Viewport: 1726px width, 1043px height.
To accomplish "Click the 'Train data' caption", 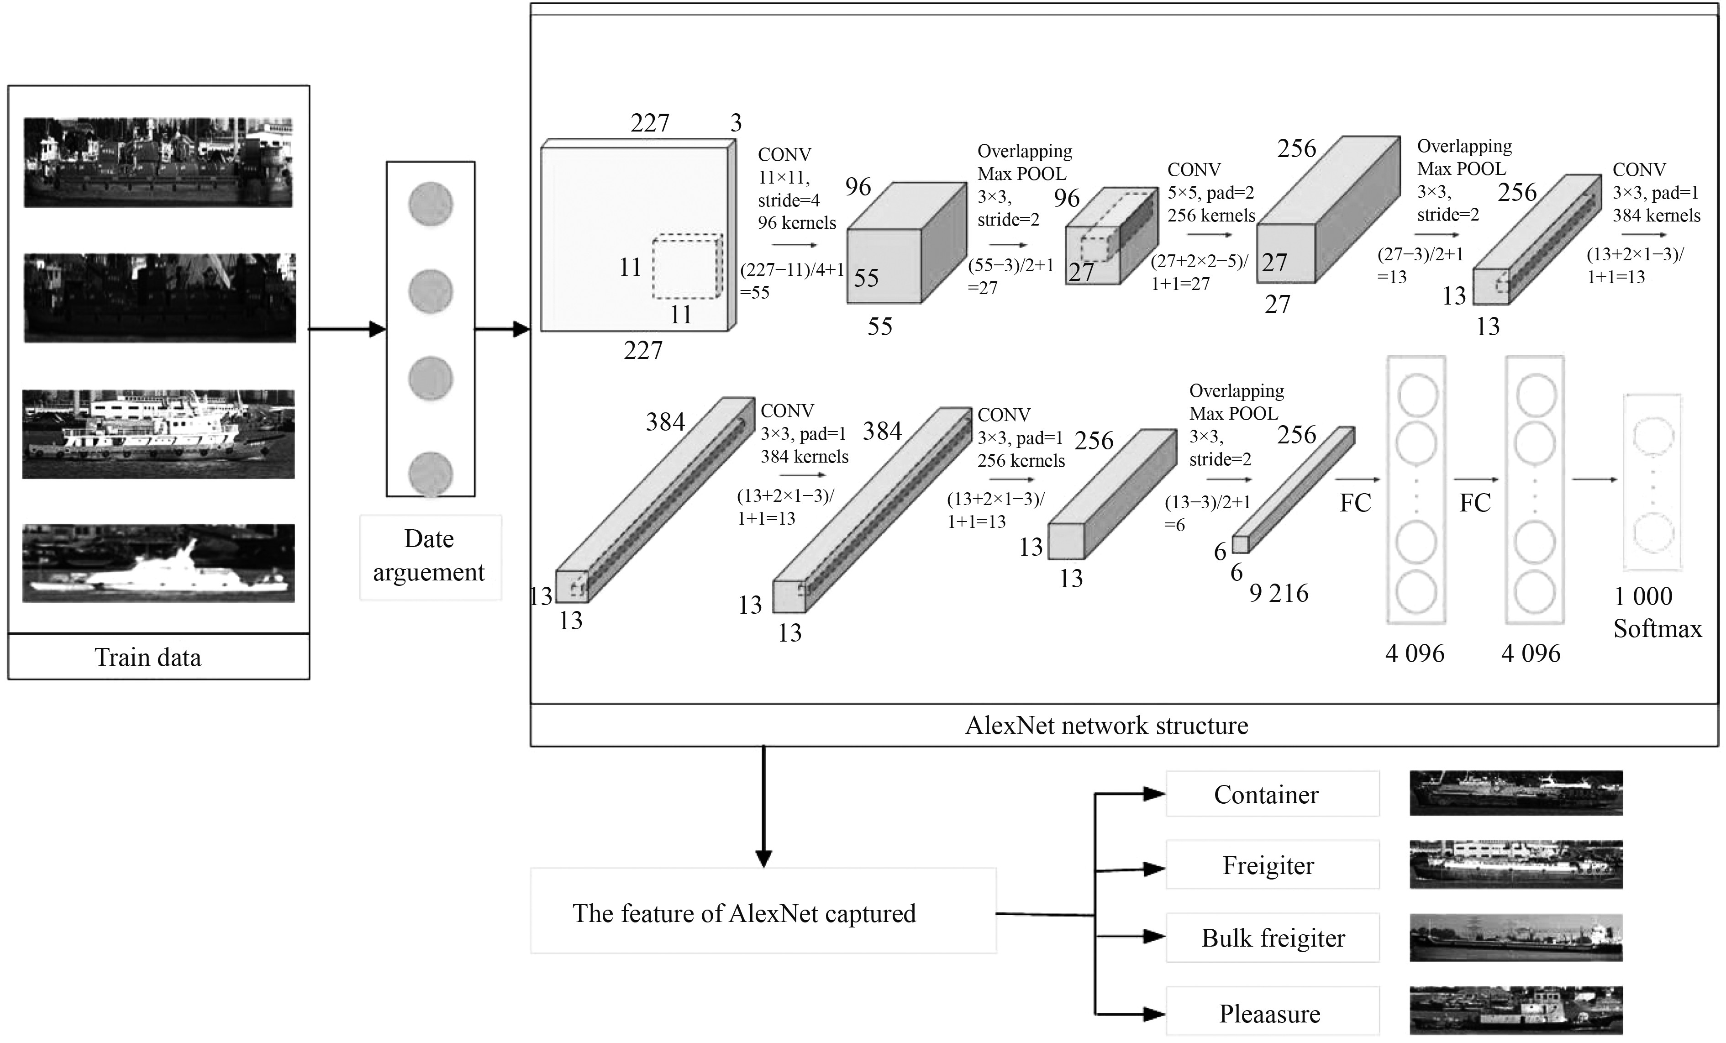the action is pyautogui.click(x=148, y=658).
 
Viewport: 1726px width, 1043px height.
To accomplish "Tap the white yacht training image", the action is pyautogui.click(x=158, y=563).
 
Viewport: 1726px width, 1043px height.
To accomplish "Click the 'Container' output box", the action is pyautogui.click(x=1272, y=794).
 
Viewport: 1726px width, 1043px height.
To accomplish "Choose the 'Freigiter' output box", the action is pyautogui.click(x=1272, y=865).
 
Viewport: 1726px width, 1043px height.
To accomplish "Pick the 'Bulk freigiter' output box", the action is pyautogui.click(x=1272, y=937).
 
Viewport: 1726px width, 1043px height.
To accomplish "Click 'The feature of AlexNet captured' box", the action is pyautogui.click(x=763, y=910).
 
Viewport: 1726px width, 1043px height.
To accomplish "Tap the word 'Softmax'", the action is pyautogui.click(x=1658, y=628).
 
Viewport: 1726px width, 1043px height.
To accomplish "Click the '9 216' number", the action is pyautogui.click(x=1279, y=593).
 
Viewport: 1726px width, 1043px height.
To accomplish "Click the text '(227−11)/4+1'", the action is pyautogui.click(x=792, y=270).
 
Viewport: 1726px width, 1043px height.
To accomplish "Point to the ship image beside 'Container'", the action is pyautogui.click(x=1516, y=793).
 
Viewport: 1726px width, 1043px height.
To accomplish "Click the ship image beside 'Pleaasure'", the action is pyautogui.click(x=1516, y=1011).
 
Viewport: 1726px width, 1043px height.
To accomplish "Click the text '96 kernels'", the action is pyautogui.click(x=797, y=223).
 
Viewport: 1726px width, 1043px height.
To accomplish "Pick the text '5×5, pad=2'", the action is pyautogui.click(x=1210, y=193).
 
